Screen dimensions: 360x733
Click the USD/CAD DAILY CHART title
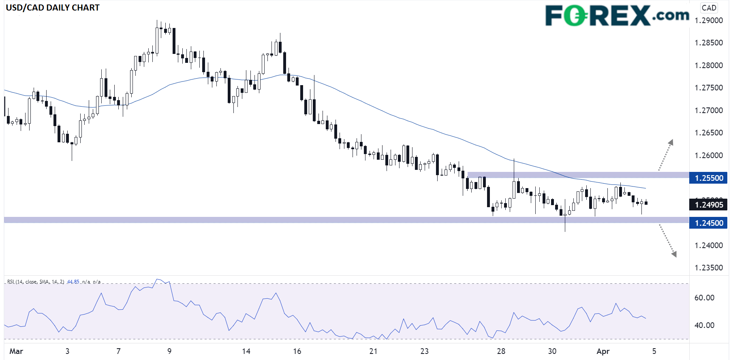point(53,8)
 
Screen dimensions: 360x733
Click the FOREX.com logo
point(617,16)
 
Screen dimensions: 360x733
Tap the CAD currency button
point(709,8)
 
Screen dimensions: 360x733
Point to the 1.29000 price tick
point(709,20)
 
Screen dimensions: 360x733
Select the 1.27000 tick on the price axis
point(709,110)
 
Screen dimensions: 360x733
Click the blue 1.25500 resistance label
point(709,178)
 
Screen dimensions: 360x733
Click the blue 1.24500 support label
point(709,223)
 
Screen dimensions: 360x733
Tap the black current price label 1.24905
point(709,205)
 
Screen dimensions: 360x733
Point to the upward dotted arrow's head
point(671,142)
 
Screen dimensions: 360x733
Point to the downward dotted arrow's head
point(674,254)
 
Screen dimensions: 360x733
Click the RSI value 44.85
point(73,282)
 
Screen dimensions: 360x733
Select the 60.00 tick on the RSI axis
point(704,298)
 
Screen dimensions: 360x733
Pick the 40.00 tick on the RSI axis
point(704,325)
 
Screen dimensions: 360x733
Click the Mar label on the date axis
point(16,351)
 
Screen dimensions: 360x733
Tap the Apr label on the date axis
point(603,351)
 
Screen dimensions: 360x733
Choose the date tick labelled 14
point(246,351)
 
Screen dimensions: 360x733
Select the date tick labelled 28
point(501,351)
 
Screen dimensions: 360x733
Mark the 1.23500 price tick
point(709,268)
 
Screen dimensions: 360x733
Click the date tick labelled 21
point(373,351)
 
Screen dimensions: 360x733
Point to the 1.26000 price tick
point(709,155)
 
